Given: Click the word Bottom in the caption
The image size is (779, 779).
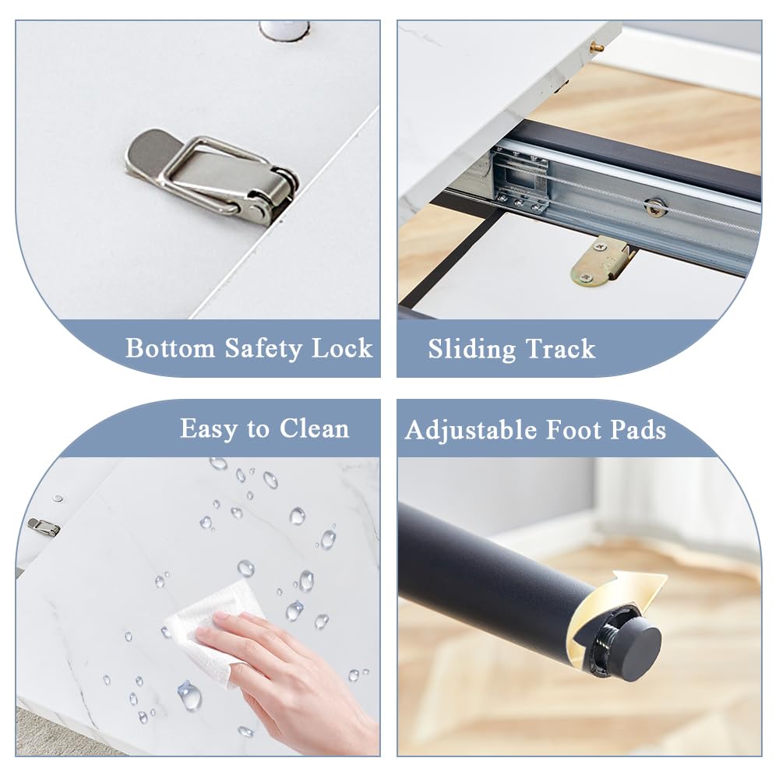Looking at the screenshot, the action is click(x=170, y=347).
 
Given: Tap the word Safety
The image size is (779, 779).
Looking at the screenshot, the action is click(x=263, y=349).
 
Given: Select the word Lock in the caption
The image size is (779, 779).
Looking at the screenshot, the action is click(x=342, y=347).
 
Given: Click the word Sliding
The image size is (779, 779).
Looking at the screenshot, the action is click(x=472, y=349).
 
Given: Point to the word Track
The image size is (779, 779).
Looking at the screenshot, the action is click(x=560, y=349).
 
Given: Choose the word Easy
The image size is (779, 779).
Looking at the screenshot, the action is click(x=209, y=429).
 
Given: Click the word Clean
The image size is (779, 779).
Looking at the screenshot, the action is click(x=314, y=428).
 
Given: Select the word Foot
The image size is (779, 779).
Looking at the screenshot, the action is click(x=574, y=430).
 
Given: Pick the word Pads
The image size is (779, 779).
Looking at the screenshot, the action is click(x=638, y=430).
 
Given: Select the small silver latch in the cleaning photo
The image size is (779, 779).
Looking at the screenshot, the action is click(x=44, y=527).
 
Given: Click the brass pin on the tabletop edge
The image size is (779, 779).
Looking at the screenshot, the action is click(x=597, y=48).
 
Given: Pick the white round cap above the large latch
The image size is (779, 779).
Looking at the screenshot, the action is click(x=284, y=29).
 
